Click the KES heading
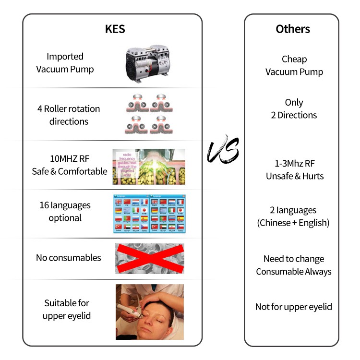coord(115,29)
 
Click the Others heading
coord(293,29)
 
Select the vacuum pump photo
coord(149,62)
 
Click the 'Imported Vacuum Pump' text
coord(65,63)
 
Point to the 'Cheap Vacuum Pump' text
coord(294,66)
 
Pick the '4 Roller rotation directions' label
coord(69,115)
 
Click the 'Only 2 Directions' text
coord(294,109)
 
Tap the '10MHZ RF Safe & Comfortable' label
coord(70,165)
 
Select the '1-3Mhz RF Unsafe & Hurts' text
coord(295,170)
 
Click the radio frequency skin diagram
coord(149,167)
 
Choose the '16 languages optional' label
coord(65,211)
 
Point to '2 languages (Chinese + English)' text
coord(294,216)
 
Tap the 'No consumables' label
coord(69,258)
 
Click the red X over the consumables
coord(149,258)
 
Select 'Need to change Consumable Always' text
coord(294,265)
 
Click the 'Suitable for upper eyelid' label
coord(67,309)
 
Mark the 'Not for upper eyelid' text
coord(294,307)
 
